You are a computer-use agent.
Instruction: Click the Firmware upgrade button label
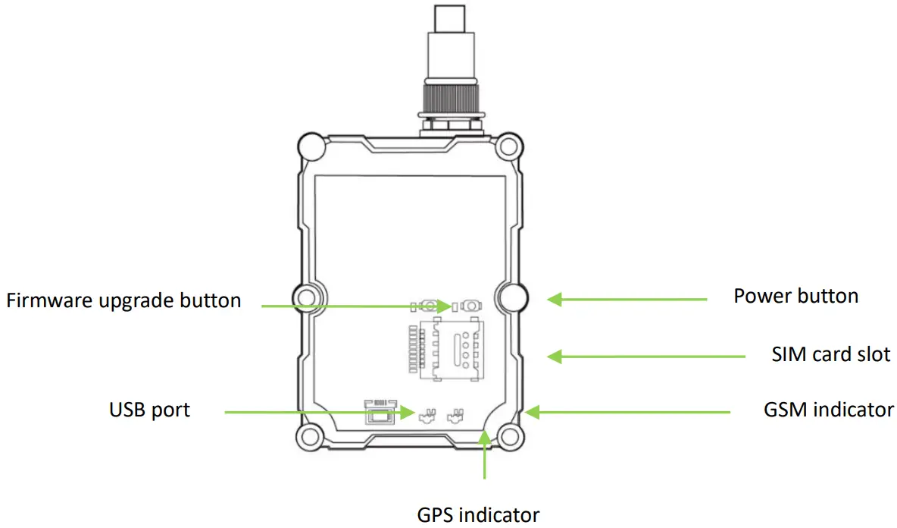[123, 300]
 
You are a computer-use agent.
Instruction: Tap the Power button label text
[795, 296]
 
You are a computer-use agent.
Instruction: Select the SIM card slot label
[830, 354]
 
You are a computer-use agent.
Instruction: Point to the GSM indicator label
[829, 410]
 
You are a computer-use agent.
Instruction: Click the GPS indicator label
[478, 514]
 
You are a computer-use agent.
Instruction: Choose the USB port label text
[149, 410]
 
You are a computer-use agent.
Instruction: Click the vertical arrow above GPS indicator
[485, 455]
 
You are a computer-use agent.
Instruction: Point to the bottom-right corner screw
[509, 436]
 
